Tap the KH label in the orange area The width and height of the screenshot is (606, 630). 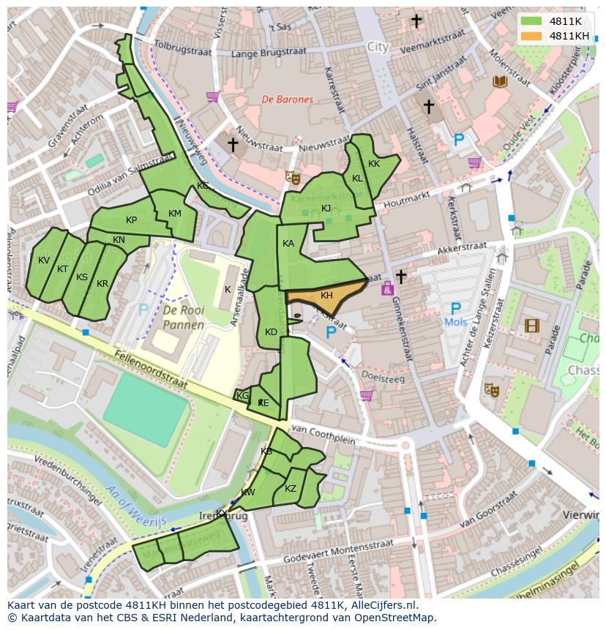point(326,295)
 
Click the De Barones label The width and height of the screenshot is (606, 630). point(288,100)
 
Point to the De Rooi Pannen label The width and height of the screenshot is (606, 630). point(183,318)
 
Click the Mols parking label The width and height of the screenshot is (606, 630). point(455,322)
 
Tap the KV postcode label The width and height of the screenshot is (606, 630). point(44,260)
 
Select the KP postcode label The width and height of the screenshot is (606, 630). point(131,220)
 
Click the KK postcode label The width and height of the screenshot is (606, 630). point(374,164)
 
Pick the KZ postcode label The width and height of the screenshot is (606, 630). point(291,489)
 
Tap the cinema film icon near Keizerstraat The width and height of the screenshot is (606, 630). point(531,325)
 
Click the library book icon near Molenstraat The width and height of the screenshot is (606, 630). point(501,81)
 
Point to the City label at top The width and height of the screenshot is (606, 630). point(378,47)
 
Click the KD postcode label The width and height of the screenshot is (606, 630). point(271,332)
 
